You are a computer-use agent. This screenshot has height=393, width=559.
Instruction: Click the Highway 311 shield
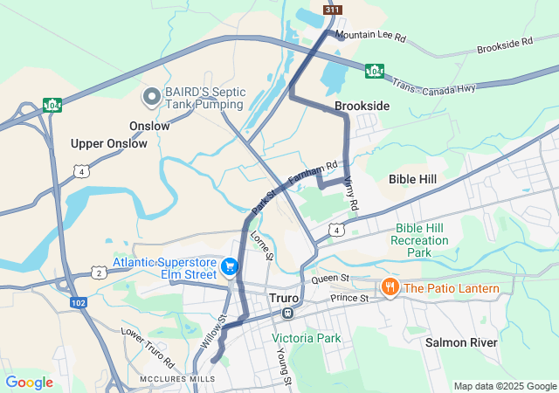coord(332,10)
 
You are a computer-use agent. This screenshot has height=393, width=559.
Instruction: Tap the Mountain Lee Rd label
coord(371,38)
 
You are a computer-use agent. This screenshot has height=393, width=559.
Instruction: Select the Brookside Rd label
coord(505,46)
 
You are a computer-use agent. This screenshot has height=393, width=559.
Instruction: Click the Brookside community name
coord(362,106)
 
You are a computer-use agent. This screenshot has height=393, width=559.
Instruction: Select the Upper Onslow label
coord(109,143)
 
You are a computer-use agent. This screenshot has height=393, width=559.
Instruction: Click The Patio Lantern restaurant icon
coord(390,287)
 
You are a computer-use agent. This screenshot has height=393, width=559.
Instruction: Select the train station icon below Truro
coord(287,313)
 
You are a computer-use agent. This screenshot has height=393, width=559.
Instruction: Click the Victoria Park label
coord(306,337)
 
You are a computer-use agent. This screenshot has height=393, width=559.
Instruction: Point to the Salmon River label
coord(461,342)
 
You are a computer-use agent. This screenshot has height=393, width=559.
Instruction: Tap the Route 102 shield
coord(79,302)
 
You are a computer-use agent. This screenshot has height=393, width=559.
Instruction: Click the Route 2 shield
coord(100,273)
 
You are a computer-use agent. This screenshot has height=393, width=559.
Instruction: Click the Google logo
coord(29,383)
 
